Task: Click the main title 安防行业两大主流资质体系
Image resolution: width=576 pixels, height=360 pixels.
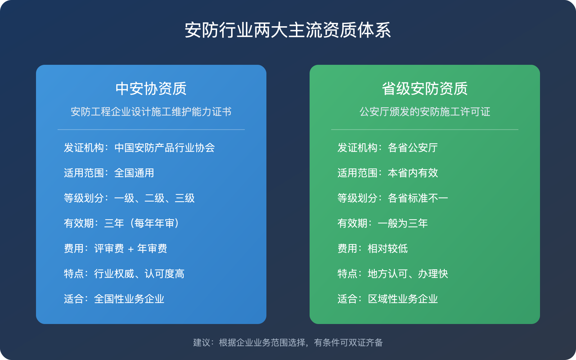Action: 288,30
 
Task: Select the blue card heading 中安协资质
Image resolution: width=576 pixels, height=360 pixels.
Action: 151,89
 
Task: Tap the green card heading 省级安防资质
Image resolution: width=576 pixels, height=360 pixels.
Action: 424,89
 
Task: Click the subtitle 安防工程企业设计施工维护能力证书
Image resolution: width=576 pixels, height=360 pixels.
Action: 151,112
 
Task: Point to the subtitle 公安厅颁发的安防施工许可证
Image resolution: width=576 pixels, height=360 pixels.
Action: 424,112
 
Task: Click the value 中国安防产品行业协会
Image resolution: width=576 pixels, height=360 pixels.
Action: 165,148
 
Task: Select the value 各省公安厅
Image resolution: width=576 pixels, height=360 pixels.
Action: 413,148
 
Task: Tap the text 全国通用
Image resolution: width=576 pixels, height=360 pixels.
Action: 134,173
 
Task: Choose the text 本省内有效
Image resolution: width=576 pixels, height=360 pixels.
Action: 413,173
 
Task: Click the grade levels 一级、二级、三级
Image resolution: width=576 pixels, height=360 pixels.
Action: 154,198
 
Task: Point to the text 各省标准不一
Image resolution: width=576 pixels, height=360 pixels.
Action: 418,198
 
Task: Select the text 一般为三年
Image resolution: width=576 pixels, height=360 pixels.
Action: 402,223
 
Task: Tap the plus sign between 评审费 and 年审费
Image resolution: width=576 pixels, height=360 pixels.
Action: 131,249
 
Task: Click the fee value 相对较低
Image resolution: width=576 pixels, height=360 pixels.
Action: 387,248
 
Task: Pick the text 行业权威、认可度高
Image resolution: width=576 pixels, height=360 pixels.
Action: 139,274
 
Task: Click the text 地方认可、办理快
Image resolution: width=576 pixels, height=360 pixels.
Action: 408,274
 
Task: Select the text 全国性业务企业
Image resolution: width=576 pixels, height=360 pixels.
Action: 129,299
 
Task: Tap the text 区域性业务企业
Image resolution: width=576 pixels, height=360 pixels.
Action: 402,299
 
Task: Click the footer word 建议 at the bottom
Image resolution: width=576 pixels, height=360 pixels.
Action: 202,342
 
